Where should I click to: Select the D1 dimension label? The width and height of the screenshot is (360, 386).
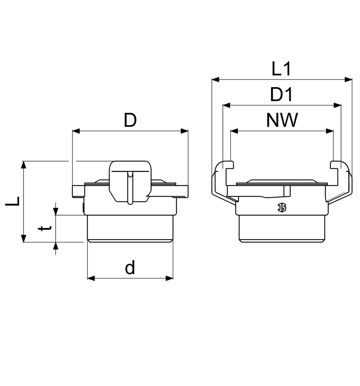[x=281, y=94]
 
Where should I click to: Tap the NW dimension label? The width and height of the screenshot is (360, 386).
[x=282, y=120]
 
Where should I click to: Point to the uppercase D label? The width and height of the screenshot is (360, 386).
[x=130, y=120]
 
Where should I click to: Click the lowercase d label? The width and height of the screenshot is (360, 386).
[x=130, y=268]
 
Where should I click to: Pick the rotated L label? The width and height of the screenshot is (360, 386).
[x=12, y=201]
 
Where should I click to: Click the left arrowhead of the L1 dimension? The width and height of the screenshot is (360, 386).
[x=216, y=79]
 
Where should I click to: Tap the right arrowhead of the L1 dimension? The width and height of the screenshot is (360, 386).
[x=348, y=79]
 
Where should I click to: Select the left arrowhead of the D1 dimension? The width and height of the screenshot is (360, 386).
[x=226, y=105]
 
